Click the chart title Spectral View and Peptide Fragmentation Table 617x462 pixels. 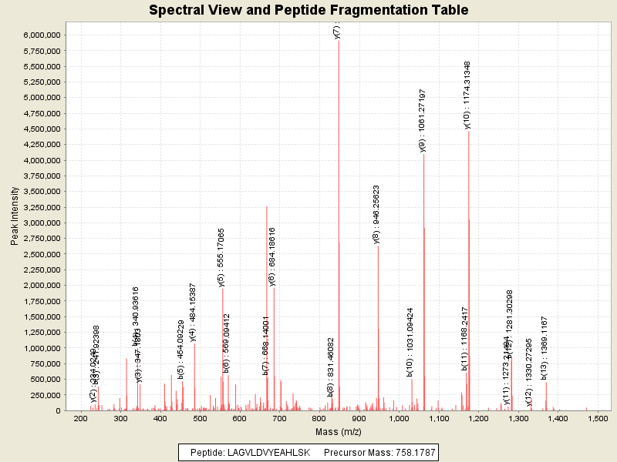click(308, 10)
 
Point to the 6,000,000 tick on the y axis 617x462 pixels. click(42, 35)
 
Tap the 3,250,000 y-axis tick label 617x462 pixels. click(42, 207)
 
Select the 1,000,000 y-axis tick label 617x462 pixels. click(42, 348)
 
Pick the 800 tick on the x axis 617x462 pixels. click(319, 419)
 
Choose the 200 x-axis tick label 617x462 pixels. click(80, 419)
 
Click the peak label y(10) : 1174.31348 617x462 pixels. click(467, 95)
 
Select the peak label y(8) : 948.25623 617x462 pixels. click(376, 214)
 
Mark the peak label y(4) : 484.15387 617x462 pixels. click(193, 311)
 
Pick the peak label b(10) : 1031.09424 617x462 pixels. click(410, 342)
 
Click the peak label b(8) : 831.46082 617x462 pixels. click(331, 367)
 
